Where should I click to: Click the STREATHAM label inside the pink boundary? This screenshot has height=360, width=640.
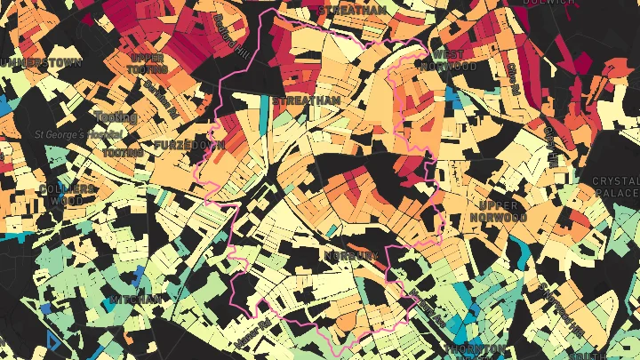coord(306,101)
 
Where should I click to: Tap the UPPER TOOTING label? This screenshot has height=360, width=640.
coord(148,64)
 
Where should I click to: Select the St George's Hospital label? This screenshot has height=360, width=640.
coord(78,134)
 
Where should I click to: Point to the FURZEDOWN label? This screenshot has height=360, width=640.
coord(189,144)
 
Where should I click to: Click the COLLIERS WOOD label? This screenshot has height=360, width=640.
coord(67,194)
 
